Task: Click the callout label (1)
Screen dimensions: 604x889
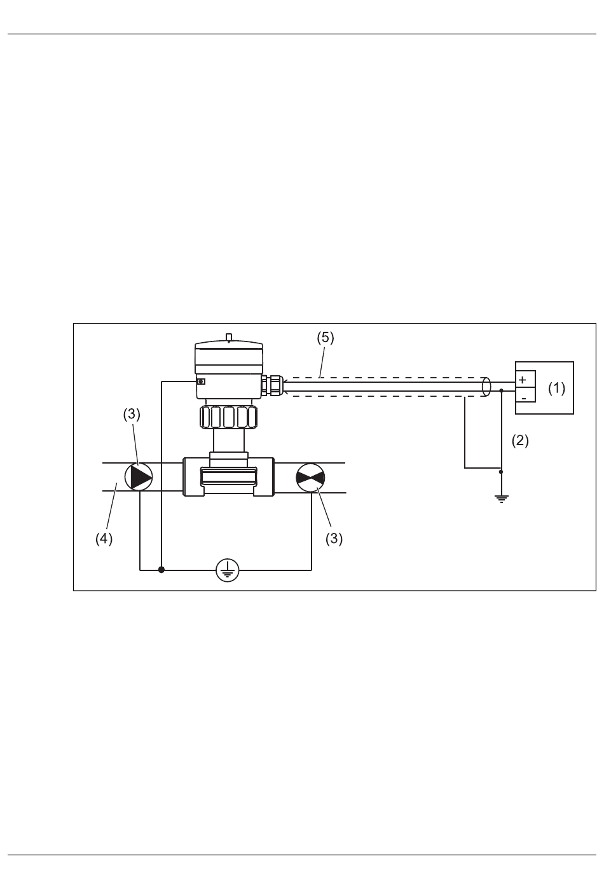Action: pyautogui.click(x=556, y=388)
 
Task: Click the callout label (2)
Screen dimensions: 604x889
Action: pyautogui.click(x=520, y=441)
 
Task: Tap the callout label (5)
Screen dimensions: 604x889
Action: pyautogui.click(x=326, y=338)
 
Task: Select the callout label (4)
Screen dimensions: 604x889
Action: pyautogui.click(x=104, y=539)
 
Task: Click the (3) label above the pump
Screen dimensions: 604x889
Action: pyautogui.click(x=132, y=415)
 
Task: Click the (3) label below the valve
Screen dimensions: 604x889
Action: pyautogui.click(x=334, y=539)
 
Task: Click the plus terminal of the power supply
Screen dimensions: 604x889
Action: pyautogui.click(x=522, y=380)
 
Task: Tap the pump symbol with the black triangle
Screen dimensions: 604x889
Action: pyautogui.click(x=139, y=477)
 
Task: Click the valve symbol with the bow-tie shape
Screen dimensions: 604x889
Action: pyautogui.click(x=310, y=478)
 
